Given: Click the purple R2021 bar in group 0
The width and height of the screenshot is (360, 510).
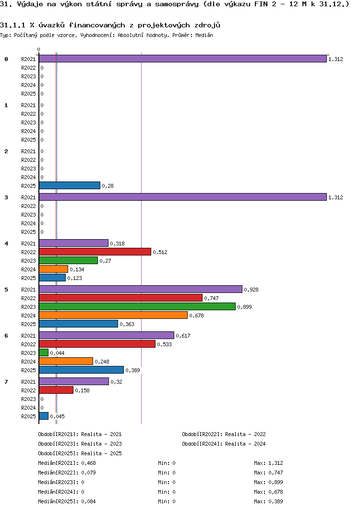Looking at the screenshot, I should [x=182, y=59].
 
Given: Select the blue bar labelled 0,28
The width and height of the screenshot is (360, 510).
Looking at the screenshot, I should [x=70, y=185].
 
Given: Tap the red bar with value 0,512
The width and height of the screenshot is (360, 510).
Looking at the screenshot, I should [x=95, y=252].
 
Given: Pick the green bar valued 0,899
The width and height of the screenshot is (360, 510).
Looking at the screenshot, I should [x=137, y=306].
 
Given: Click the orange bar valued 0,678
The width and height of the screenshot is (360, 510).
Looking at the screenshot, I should [x=113, y=315].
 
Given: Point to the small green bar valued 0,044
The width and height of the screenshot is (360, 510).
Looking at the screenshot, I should [x=44, y=352].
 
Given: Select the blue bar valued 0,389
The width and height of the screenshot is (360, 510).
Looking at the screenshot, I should [x=82, y=370].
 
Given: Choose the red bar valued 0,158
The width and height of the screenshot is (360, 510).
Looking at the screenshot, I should [x=56, y=390].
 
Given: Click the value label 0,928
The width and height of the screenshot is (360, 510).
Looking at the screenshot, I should [x=251, y=290].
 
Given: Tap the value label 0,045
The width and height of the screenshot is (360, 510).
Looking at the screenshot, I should [x=58, y=416].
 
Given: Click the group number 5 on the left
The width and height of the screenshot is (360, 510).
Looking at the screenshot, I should [x=6, y=290].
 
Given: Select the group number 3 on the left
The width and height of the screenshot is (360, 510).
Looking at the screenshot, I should [x=6, y=197].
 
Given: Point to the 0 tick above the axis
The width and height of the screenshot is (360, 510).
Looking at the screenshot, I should [x=39, y=49].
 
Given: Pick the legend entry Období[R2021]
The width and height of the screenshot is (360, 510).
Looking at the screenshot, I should [x=58, y=434].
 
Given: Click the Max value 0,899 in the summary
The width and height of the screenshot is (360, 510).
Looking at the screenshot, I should [x=276, y=482].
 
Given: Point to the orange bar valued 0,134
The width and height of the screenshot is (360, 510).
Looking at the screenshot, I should [x=53, y=269].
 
